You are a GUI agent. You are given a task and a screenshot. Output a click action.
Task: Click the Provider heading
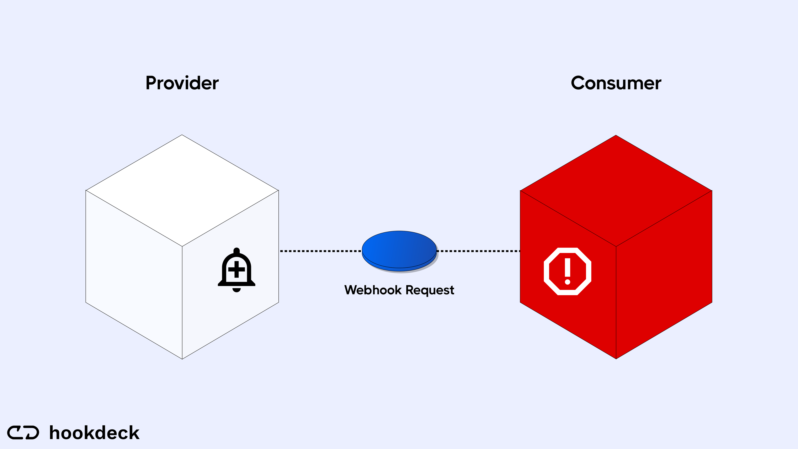(x=182, y=83)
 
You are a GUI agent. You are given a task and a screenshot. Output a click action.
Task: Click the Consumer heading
(x=616, y=83)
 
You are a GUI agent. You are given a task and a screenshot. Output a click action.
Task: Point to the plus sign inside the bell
(x=236, y=269)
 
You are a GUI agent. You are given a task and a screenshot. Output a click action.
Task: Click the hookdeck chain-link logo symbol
(x=23, y=433)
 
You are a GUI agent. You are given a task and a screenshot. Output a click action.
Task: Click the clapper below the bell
(x=236, y=290)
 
